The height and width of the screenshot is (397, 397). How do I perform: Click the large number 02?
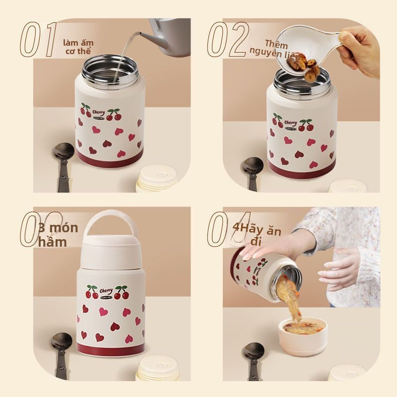point(228,38)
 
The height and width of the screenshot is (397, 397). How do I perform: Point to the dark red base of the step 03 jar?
point(110,349)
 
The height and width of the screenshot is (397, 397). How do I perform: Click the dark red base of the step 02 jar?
point(302,169)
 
